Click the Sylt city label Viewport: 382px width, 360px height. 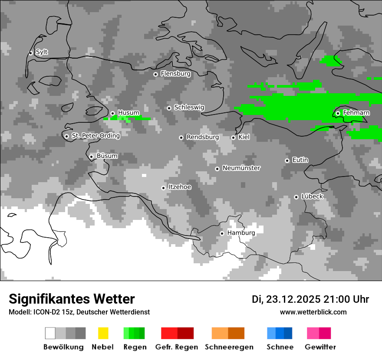point(42,52)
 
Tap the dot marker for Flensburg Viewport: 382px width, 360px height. point(155,74)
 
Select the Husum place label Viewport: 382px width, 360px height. point(128,113)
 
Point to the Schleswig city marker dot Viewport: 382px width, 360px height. point(169,108)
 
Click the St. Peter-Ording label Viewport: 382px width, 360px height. point(95,135)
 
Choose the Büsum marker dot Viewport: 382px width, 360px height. point(91,157)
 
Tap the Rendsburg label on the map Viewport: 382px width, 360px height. point(203,137)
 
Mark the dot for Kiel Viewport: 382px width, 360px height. point(233,137)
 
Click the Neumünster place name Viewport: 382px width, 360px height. point(241,168)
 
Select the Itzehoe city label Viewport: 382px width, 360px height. point(180,187)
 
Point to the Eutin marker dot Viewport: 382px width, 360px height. point(287,160)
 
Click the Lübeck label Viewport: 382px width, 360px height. point(312,196)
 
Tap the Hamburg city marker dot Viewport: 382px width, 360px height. point(222,233)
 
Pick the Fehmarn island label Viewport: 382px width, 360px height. point(356,113)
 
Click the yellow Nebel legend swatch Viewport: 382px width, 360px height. point(103,333)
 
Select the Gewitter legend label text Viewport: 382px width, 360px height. point(320,347)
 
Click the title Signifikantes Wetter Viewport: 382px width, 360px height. point(72,299)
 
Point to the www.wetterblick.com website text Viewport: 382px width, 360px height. point(313,312)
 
